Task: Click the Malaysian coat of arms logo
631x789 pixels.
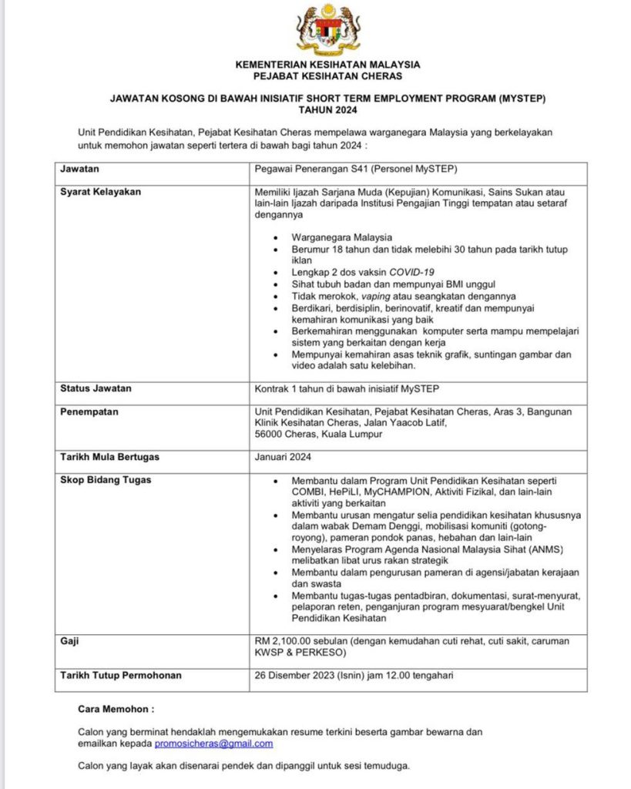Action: pyautogui.click(x=327, y=29)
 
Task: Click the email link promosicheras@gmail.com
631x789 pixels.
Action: pyautogui.click(x=213, y=744)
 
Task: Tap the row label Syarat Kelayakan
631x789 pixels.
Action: pyautogui.click(x=101, y=192)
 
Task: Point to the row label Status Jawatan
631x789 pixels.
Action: pyautogui.click(x=96, y=388)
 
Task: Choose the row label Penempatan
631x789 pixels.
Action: pyautogui.click(x=89, y=412)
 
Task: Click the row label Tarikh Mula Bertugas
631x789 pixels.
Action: pyautogui.click(x=109, y=457)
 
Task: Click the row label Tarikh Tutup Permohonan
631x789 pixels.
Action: pyautogui.click(x=121, y=676)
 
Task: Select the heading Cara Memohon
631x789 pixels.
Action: pyautogui.click(x=116, y=707)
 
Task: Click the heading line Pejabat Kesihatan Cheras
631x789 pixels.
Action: pyautogui.click(x=327, y=76)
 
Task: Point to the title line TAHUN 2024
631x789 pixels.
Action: pyautogui.click(x=327, y=110)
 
